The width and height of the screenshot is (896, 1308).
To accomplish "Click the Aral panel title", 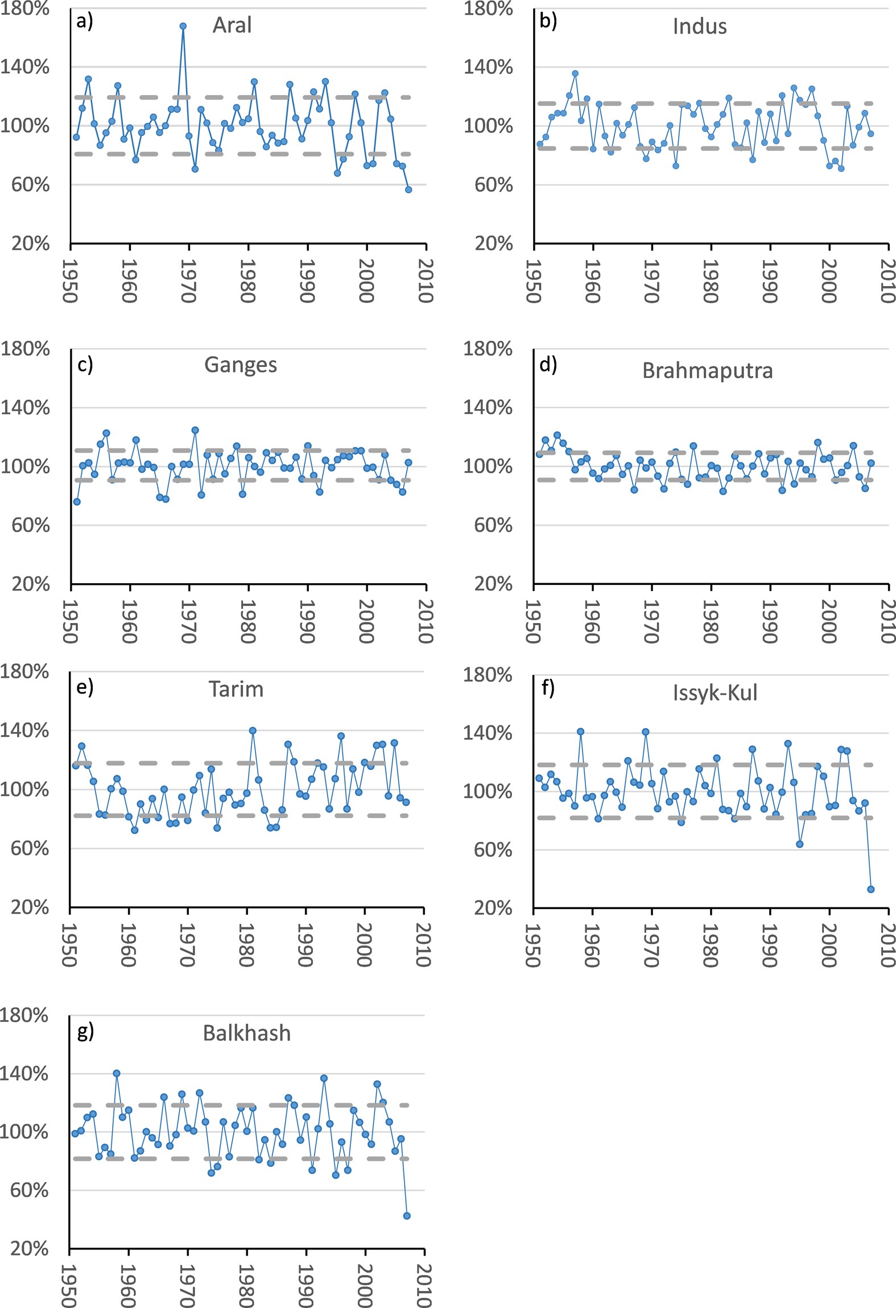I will [232, 26].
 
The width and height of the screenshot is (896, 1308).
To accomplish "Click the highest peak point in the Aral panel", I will [183, 26].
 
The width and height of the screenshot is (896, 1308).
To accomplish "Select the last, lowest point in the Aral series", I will [408, 189].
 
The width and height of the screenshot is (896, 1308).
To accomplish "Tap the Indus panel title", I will [699, 27].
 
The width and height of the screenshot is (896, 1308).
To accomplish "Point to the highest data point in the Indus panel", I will [575, 73].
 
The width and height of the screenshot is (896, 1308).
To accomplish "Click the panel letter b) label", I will [548, 22].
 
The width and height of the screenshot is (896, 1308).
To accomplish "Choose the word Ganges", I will [241, 365].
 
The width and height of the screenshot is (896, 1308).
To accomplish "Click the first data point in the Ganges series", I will [77, 502].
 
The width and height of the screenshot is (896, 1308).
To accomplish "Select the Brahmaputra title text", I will [707, 371].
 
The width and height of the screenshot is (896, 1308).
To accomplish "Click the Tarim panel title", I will [236, 690].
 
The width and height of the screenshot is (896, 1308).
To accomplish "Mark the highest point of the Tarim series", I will [253, 731].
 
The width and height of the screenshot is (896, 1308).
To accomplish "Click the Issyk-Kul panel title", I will [715, 693].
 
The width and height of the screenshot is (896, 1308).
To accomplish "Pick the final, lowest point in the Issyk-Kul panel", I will [871, 889].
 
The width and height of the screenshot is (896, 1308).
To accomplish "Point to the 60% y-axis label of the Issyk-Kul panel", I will [493, 849].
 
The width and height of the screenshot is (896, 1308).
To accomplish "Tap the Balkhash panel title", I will [246, 1033].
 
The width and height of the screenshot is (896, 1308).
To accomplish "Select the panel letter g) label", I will [85, 1031].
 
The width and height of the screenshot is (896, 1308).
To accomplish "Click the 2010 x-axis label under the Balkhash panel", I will [423, 1286].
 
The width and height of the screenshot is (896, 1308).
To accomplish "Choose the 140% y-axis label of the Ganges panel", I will [25, 408].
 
